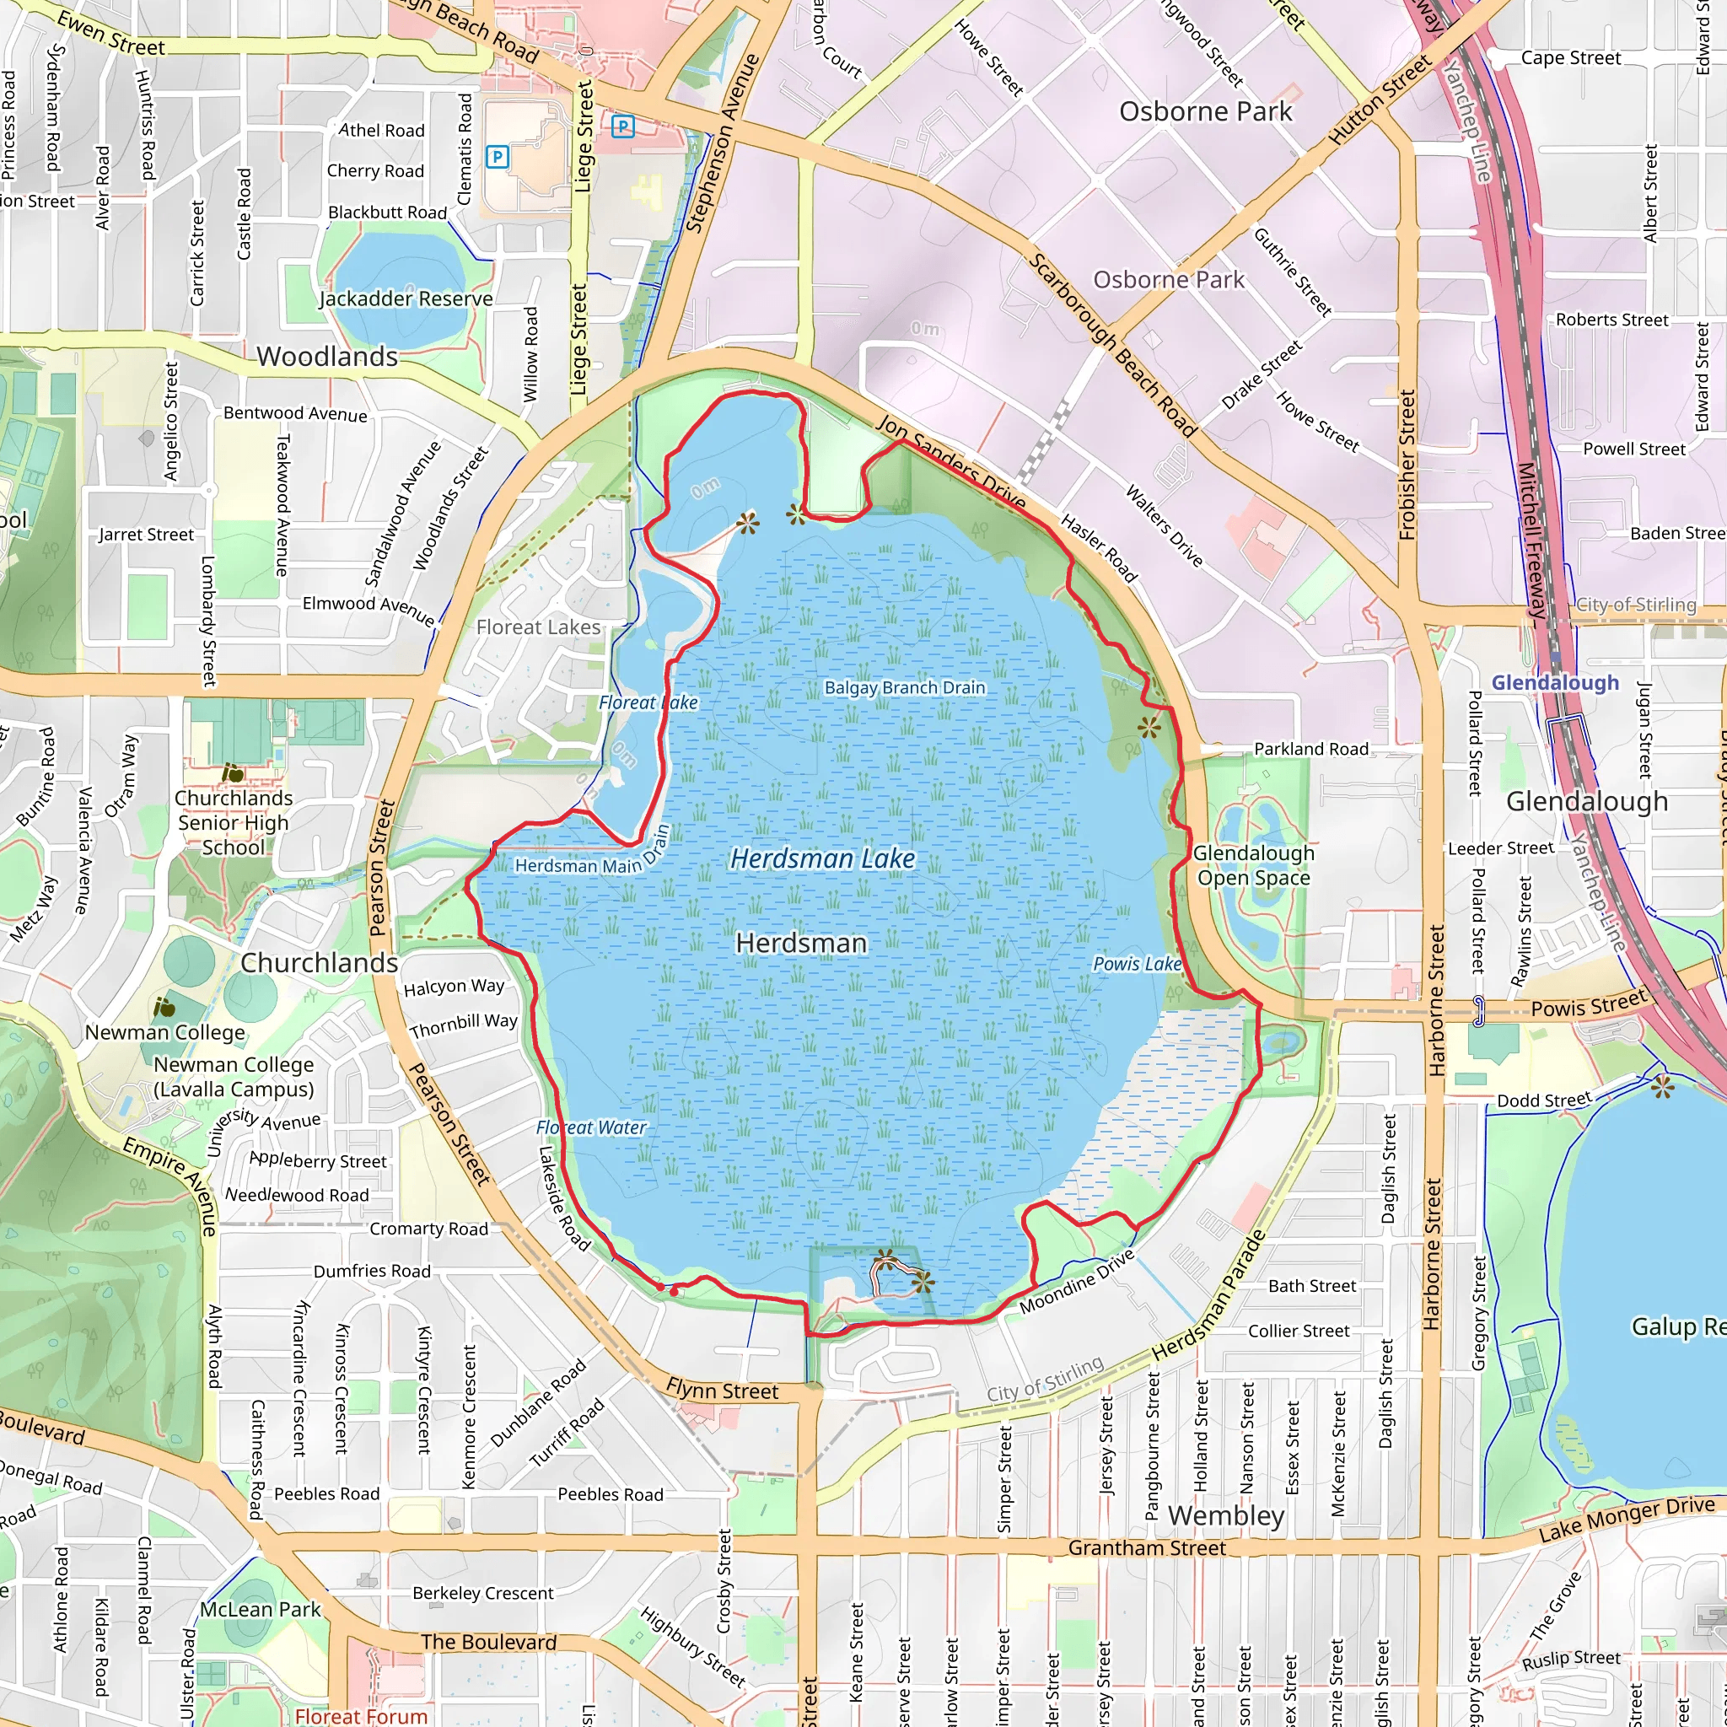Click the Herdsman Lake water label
click(822, 859)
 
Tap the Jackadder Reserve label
click(406, 299)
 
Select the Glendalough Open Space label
click(1253, 865)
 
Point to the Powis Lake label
click(1137, 964)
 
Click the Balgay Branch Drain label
click(905, 687)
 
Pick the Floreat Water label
click(591, 1128)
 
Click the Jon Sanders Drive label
click(951, 462)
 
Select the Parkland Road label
click(1310, 749)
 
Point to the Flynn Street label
click(723, 1390)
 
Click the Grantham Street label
click(1147, 1547)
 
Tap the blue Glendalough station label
click(1554, 683)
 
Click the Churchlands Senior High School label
click(234, 822)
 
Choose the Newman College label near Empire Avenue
click(164, 1032)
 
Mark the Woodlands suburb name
click(327, 357)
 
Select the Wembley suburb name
click(1226, 1516)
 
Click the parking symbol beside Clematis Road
click(497, 158)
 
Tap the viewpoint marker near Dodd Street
click(1662, 1087)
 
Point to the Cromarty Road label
click(429, 1229)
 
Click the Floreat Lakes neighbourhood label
click(538, 627)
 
